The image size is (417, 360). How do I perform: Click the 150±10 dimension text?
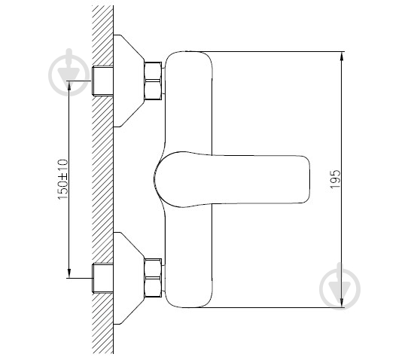[63, 178]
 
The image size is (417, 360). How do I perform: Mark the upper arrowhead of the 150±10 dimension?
[69, 83]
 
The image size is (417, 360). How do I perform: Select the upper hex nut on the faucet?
[153, 80]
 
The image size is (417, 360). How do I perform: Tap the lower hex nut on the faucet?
[153, 278]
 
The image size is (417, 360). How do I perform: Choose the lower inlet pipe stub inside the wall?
[101, 278]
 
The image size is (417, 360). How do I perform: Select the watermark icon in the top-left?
[68, 72]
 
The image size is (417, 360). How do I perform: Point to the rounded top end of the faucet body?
[188, 57]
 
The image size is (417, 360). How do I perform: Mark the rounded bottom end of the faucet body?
[188, 301]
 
